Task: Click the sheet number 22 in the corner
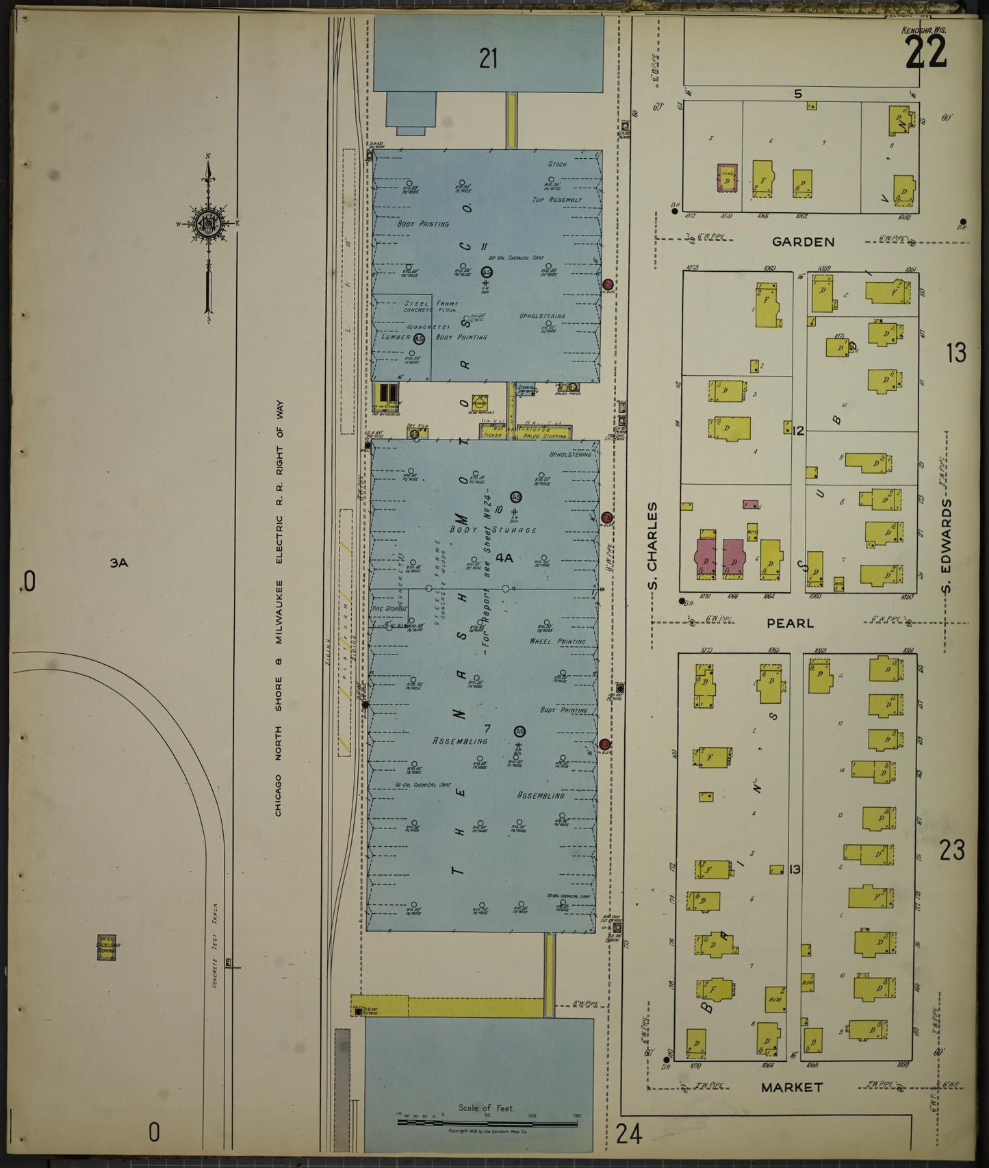tap(926, 51)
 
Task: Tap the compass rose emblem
tap(207, 223)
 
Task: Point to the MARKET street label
tap(792, 1087)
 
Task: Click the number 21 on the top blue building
tap(488, 59)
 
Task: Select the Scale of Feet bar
tap(487, 1123)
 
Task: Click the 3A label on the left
tap(119, 563)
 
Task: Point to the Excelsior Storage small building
tap(107, 948)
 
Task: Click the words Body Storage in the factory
tap(492, 530)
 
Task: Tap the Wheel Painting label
tap(557, 642)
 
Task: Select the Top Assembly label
tap(557, 200)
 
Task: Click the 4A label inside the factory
tap(504, 558)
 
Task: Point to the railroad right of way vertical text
tap(279, 609)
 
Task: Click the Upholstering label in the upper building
tap(542, 316)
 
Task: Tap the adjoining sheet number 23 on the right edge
tap(952, 850)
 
